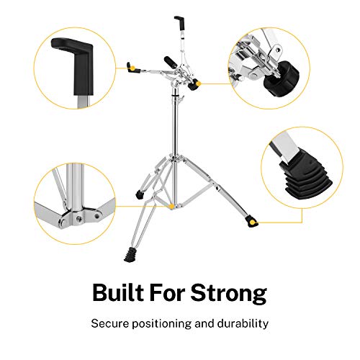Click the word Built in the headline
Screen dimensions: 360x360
click(120, 293)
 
